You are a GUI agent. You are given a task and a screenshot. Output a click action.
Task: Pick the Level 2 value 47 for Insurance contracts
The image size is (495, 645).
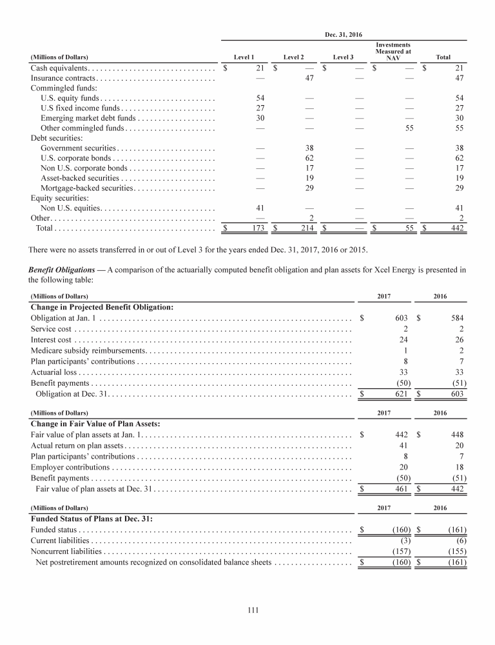(x=309, y=79)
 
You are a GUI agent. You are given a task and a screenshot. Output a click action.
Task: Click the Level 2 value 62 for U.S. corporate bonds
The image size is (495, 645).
(x=309, y=158)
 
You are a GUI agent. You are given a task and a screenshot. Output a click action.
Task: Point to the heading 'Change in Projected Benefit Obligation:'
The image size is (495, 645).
(x=102, y=306)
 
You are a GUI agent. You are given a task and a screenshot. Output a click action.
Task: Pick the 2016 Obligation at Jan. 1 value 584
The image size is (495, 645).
(x=457, y=318)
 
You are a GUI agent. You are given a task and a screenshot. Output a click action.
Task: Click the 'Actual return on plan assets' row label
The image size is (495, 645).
(x=77, y=446)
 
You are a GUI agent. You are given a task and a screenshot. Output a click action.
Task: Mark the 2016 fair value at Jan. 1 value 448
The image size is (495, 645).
(x=457, y=435)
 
